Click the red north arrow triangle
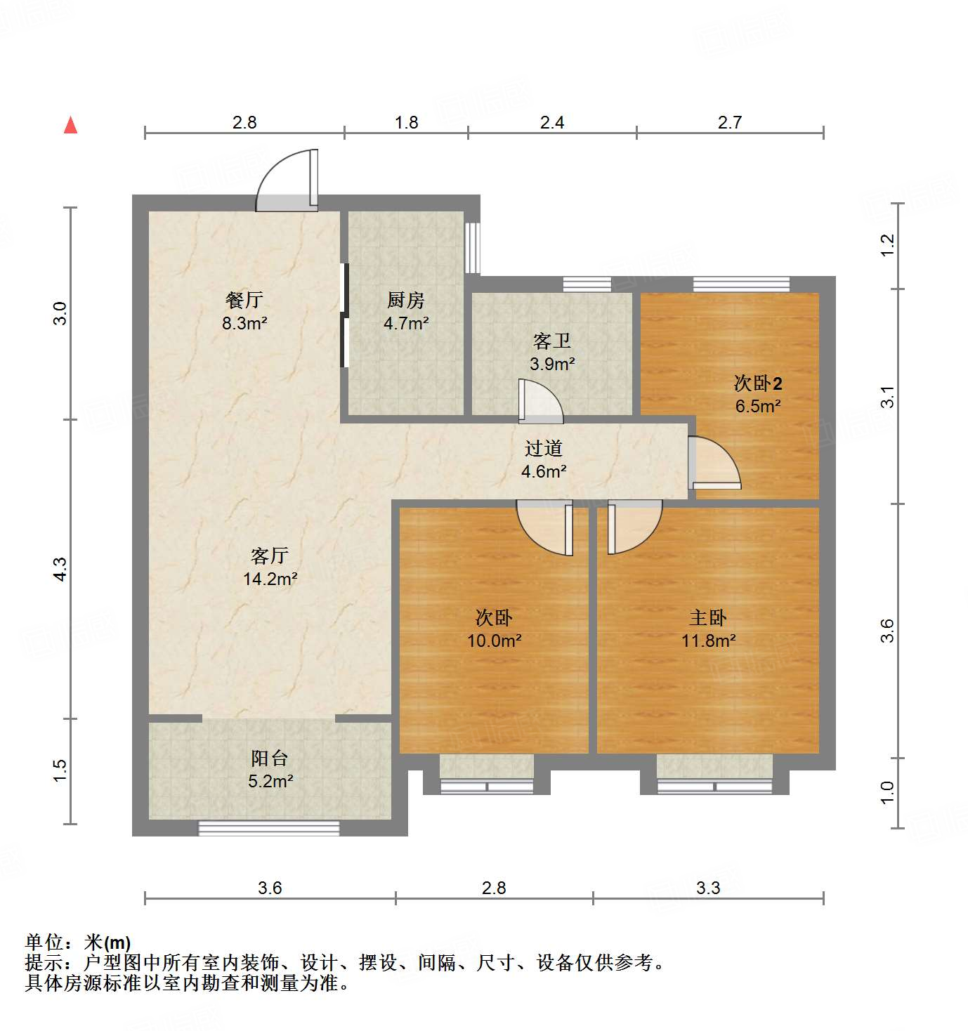coord(70,125)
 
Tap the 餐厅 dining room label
coord(244,300)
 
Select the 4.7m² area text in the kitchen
coord(406,323)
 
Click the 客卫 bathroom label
coord(551,341)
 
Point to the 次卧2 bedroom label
coord(758,383)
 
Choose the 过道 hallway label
coord(544,448)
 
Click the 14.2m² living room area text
coord(270,579)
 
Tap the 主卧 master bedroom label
coord(708,618)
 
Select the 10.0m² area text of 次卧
coord(494,641)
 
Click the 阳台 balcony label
coord(270,759)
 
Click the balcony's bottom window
coord(269,828)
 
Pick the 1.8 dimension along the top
coord(406,123)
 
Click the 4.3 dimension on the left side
coord(60,569)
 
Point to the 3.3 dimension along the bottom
coord(708,888)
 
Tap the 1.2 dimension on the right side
coord(888,244)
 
